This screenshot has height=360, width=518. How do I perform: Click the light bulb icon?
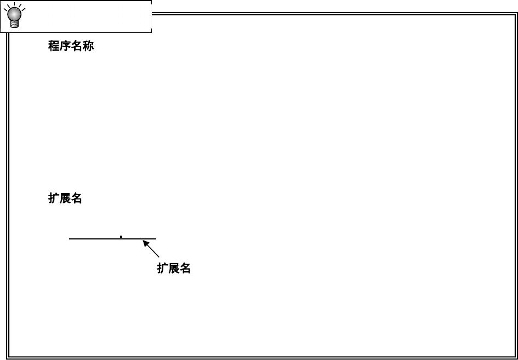click(14, 16)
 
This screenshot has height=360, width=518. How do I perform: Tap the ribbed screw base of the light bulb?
click(14, 24)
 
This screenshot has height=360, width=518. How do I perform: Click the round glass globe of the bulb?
click(14, 13)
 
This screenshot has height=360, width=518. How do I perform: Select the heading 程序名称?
click(71, 46)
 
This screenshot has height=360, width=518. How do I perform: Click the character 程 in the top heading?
click(54, 46)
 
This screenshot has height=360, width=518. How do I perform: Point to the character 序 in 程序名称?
click(65, 46)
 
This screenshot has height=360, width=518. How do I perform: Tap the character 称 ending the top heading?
click(88, 46)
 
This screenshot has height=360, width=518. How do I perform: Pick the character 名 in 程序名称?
click(77, 46)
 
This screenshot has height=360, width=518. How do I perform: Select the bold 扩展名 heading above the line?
click(65, 198)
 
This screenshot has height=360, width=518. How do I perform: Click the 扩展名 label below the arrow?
click(174, 268)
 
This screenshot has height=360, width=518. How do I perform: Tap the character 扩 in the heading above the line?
click(54, 198)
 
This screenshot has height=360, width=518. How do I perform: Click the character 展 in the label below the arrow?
click(174, 268)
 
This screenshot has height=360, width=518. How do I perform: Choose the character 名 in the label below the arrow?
click(185, 268)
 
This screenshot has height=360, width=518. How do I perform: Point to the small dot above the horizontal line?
click(121, 237)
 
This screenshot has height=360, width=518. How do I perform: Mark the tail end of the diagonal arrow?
click(159, 256)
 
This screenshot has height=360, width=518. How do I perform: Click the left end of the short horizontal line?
click(70, 239)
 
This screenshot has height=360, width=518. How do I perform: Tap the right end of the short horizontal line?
click(156, 239)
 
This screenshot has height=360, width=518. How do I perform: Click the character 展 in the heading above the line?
click(65, 198)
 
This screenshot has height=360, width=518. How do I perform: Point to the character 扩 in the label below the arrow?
click(162, 268)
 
